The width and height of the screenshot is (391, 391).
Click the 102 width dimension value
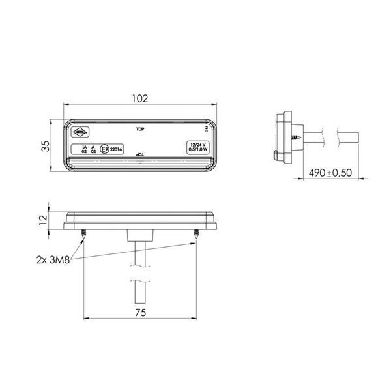[x=139, y=98]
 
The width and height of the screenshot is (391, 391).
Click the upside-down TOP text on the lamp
[x=139, y=154]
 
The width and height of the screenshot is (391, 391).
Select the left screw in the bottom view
[x=85, y=234]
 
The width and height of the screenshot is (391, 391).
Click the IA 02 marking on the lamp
[x=83, y=149]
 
